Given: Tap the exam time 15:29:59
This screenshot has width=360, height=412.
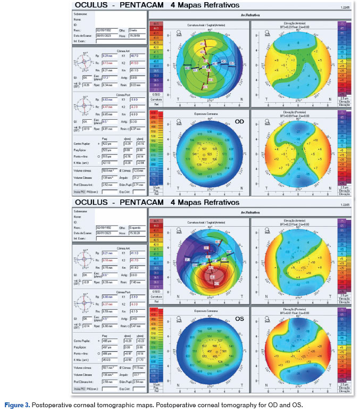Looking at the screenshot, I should pyautogui.click(x=135, y=36).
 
